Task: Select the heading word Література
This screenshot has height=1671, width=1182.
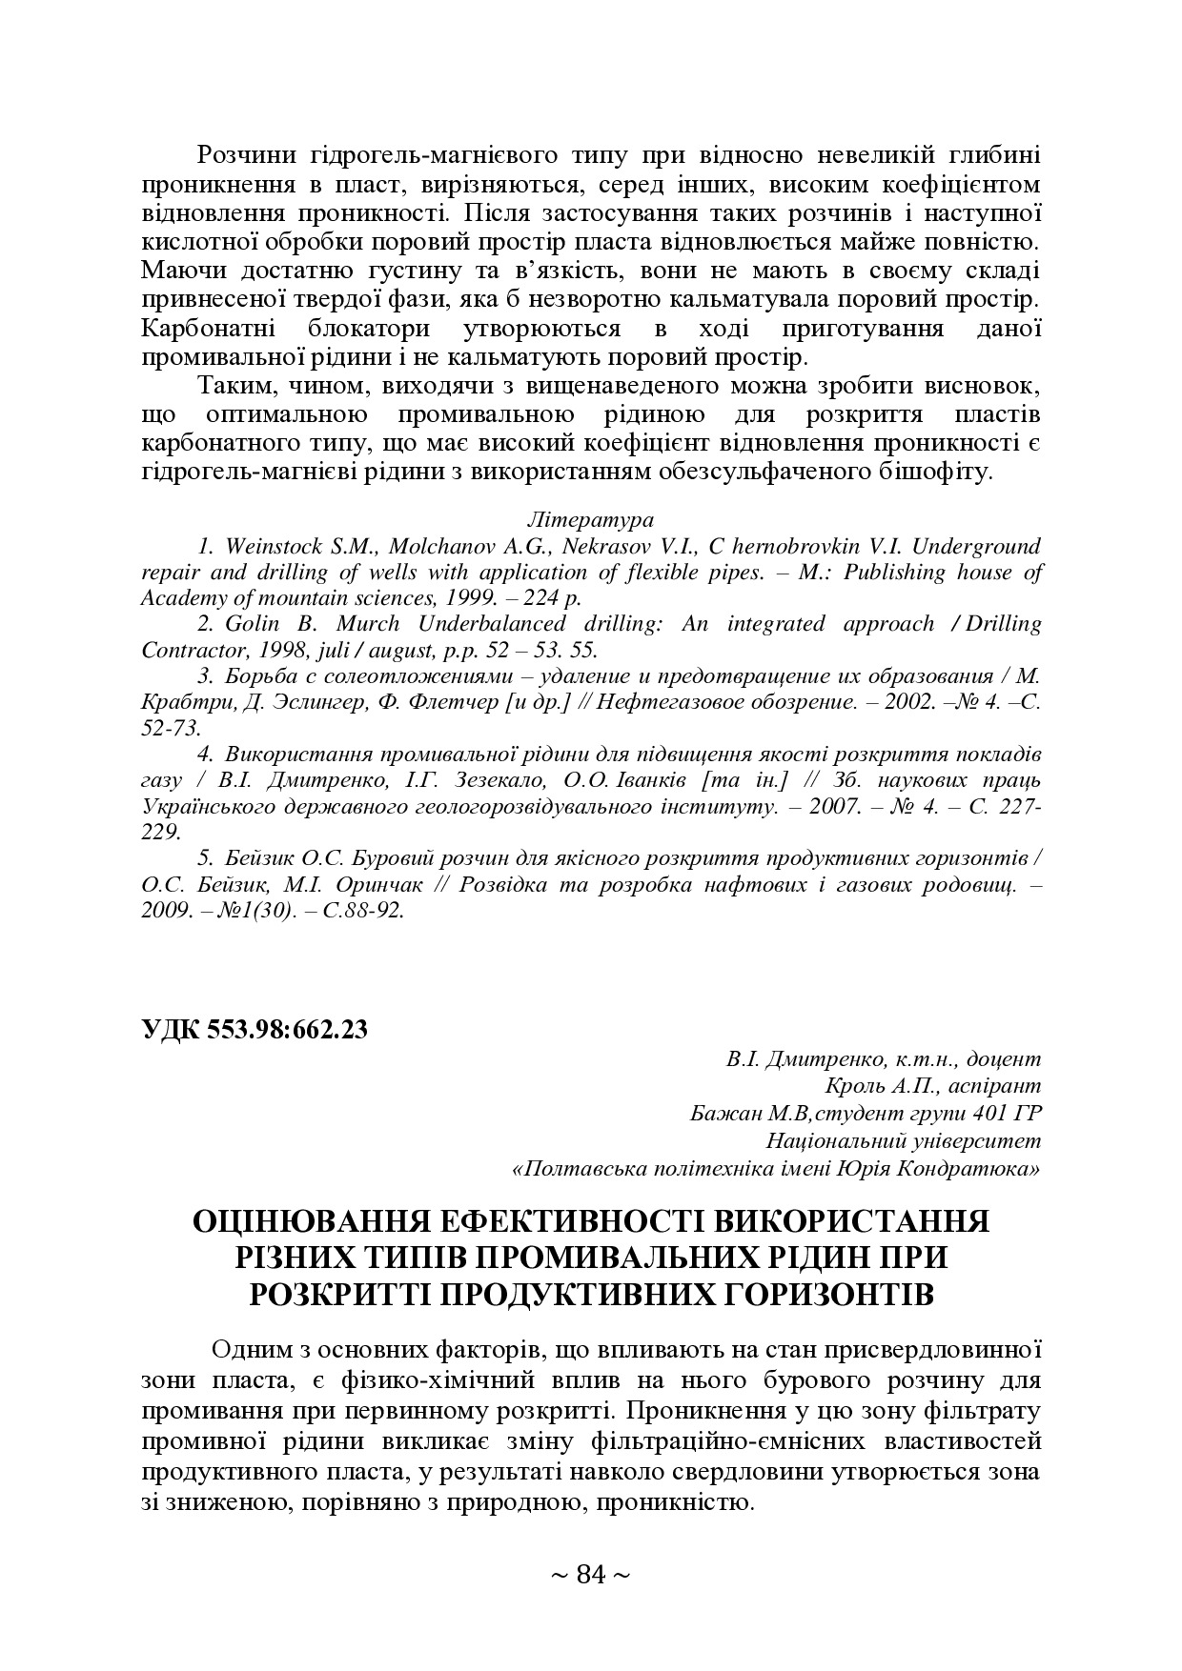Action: point(590,520)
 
